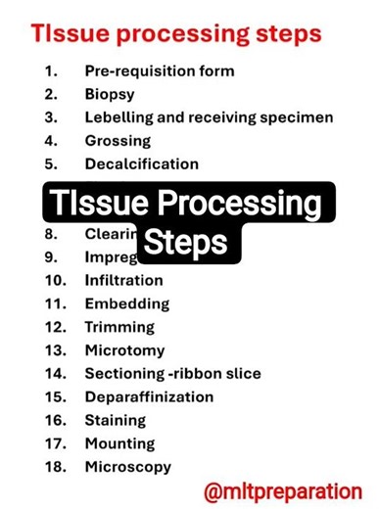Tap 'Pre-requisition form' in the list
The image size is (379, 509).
(x=159, y=71)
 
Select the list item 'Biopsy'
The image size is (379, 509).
(x=110, y=95)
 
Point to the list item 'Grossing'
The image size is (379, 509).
(x=118, y=141)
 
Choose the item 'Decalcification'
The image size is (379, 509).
(x=141, y=164)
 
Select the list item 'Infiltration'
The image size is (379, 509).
(x=123, y=281)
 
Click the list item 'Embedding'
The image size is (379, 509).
(x=126, y=304)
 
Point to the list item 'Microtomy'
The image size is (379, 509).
(x=124, y=350)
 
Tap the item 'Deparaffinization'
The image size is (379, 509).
(x=148, y=397)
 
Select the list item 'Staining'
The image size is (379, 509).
(x=115, y=421)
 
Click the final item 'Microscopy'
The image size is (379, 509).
(x=127, y=468)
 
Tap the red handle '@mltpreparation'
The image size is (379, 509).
(x=283, y=490)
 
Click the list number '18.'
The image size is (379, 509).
(x=56, y=468)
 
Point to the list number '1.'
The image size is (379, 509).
(x=52, y=71)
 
